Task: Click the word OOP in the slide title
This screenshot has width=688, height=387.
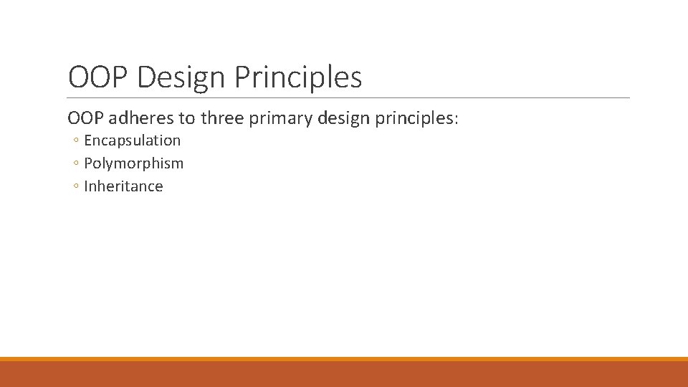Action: tap(98, 77)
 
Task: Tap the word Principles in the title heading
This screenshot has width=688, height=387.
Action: tap(297, 77)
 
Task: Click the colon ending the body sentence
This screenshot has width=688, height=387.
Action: tap(455, 118)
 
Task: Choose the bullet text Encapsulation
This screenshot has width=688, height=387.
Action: tap(133, 140)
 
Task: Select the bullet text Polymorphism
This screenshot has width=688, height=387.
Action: tap(134, 163)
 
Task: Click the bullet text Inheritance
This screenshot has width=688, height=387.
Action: tap(123, 186)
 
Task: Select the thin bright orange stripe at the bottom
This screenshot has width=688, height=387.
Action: tap(344, 359)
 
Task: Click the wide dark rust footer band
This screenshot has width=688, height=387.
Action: tap(344, 374)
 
